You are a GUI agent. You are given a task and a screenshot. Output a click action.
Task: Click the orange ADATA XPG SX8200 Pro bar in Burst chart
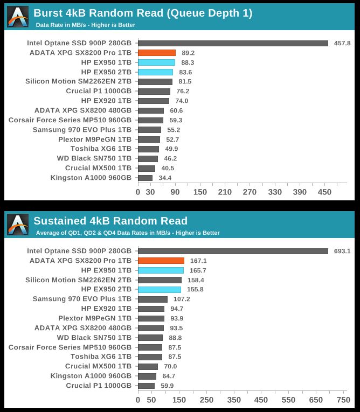tap(156, 53)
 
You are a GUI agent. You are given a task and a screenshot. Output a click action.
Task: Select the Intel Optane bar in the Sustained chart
tap(233, 251)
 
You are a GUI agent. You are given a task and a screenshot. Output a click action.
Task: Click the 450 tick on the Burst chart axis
tap(325, 192)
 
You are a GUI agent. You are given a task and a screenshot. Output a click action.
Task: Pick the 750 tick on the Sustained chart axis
tap(343, 400)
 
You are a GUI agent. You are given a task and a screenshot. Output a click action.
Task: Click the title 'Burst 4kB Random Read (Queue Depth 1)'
tap(143, 13)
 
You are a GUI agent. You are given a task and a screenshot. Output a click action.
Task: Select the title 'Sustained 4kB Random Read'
tap(110, 221)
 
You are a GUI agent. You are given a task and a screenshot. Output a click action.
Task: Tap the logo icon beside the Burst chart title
tap(17, 17)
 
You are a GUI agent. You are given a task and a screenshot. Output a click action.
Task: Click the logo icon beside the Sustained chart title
tap(17, 225)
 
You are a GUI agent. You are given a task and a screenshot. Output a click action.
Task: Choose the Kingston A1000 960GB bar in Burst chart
tap(145, 178)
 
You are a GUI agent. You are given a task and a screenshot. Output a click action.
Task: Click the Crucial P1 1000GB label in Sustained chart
tap(99, 386)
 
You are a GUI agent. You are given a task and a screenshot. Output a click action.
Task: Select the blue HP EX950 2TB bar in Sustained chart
tap(159, 290)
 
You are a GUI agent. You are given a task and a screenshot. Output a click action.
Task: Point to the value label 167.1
tap(198, 261)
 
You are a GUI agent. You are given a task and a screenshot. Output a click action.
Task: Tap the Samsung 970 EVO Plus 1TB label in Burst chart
tap(82, 130)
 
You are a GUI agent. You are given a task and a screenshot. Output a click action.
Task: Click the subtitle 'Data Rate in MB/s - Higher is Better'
tap(85, 25)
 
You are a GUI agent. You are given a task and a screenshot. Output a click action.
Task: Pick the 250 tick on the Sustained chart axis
tap(206, 400)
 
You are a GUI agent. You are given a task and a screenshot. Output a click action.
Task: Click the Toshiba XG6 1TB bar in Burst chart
tap(148, 149)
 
